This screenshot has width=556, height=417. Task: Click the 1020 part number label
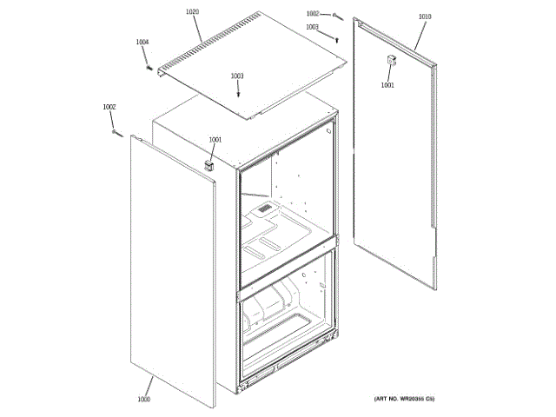point(193,12)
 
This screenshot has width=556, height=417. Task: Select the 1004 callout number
point(142,42)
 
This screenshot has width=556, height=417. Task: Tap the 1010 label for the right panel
point(424,17)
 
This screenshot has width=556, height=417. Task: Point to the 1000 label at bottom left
point(144,399)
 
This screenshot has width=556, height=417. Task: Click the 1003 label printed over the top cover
point(237,76)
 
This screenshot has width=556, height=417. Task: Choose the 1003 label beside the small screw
point(313,27)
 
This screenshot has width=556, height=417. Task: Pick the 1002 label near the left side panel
point(109,107)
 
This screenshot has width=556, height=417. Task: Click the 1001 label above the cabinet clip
point(215,140)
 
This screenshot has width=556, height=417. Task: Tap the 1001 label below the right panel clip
point(387,85)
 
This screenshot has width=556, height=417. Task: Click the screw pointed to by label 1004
point(149,66)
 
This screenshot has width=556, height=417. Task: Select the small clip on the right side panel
point(391,60)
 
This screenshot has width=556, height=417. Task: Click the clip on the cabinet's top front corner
point(209,162)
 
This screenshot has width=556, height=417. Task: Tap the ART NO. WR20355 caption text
point(404,399)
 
